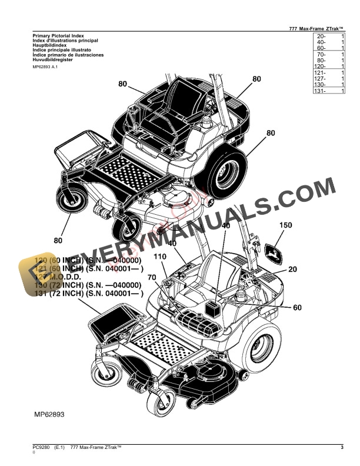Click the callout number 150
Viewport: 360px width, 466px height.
tap(285, 225)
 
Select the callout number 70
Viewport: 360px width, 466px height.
tap(151, 277)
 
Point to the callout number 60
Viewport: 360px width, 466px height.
tap(297, 307)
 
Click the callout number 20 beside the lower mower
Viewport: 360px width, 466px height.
tap(293, 269)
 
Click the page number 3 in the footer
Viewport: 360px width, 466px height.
tap(342, 449)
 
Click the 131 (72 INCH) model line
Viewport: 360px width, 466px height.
tap(88, 293)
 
